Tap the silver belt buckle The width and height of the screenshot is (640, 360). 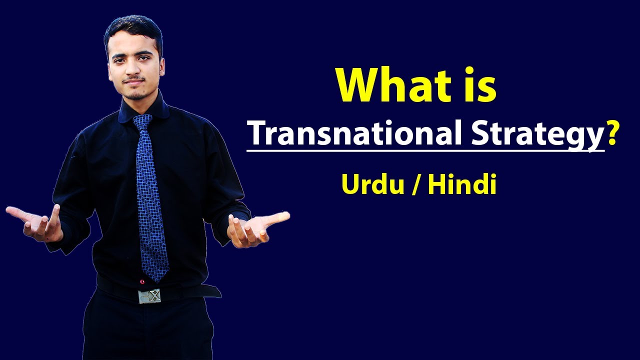click(149, 296)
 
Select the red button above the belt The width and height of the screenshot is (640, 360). click(142, 281)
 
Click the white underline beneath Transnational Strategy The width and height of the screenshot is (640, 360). click(425, 149)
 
